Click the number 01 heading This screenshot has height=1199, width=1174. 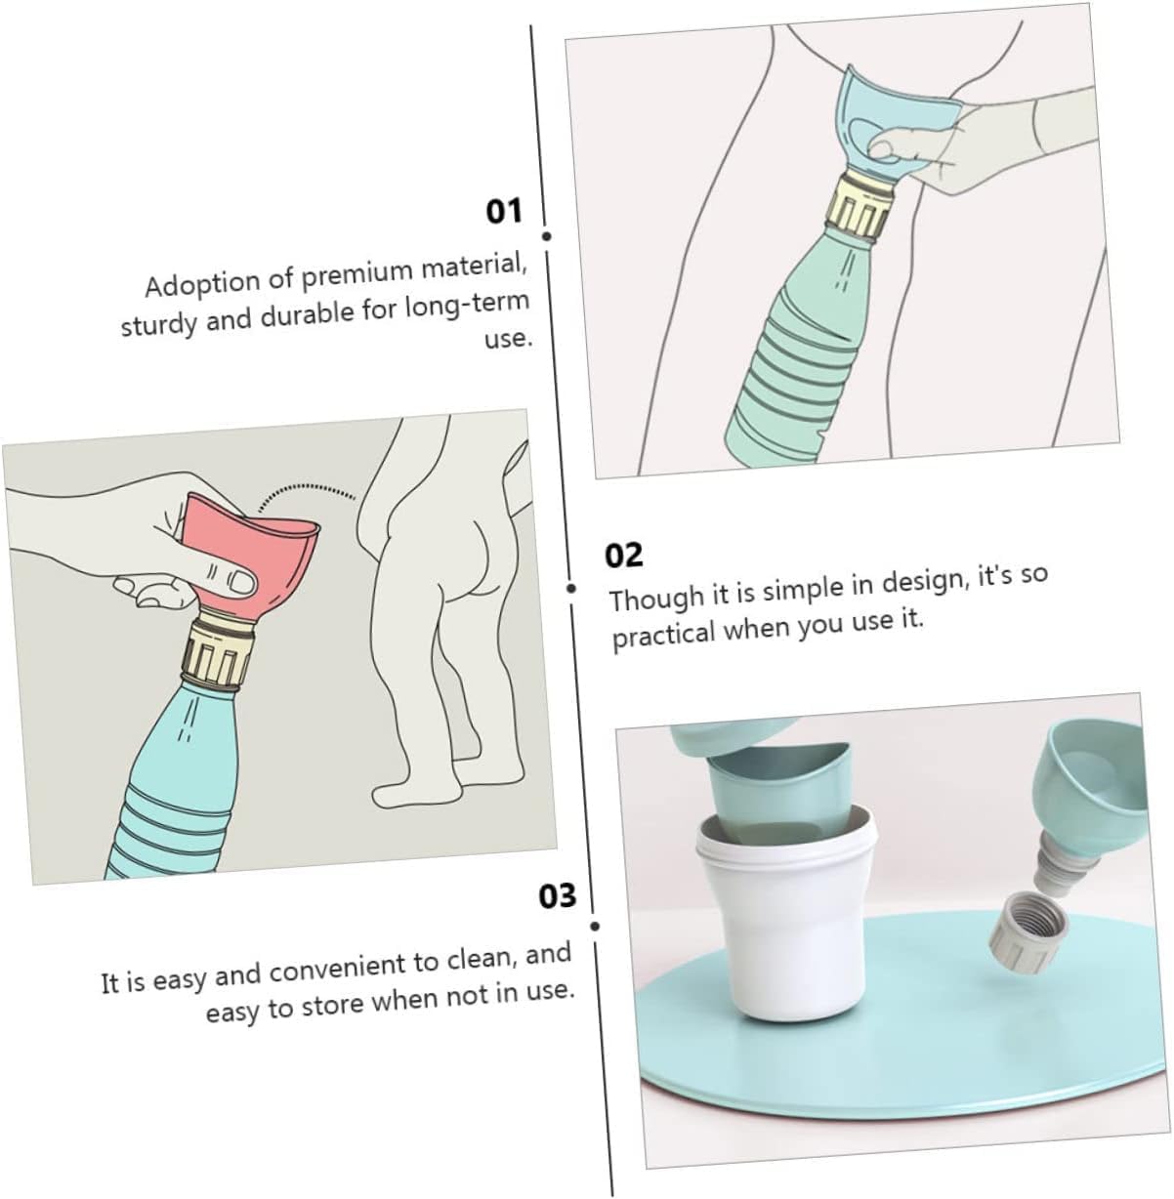point(504,211)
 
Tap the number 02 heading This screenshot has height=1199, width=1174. point(623,555)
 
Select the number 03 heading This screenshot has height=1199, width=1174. point(557,896)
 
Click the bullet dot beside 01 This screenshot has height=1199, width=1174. point(547,236)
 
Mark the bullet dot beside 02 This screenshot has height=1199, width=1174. point(571,588)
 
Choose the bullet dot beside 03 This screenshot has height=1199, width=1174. point(595,927)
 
